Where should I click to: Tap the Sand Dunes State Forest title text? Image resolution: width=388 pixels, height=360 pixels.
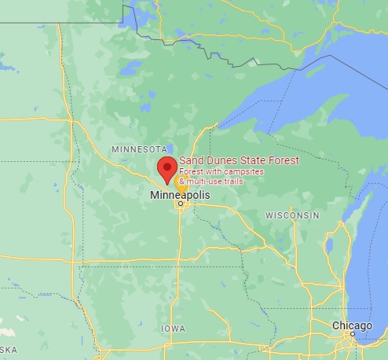(x=239, y=161)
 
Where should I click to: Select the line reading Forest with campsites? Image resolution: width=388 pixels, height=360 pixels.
(x=221, y=171)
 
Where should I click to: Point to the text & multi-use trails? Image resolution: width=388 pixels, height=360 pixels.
(x=211, y=182)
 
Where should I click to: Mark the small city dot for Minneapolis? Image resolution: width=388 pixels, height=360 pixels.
(x=180, y=204)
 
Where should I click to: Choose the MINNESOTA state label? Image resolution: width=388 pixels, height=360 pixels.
(x=139, y=149)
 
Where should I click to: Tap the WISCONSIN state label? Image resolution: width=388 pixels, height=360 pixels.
(x=292, y=215)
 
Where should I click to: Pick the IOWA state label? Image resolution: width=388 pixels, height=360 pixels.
(x=173, y=329)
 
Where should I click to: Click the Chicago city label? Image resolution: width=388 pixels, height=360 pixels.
(x=351, y=325)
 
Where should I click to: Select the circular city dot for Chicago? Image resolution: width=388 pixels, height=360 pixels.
(x=353, y=334)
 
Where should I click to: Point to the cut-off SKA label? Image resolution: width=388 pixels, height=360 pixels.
(x=9, y=348)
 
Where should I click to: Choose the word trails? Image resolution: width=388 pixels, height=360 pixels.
(x=232, y=182)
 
